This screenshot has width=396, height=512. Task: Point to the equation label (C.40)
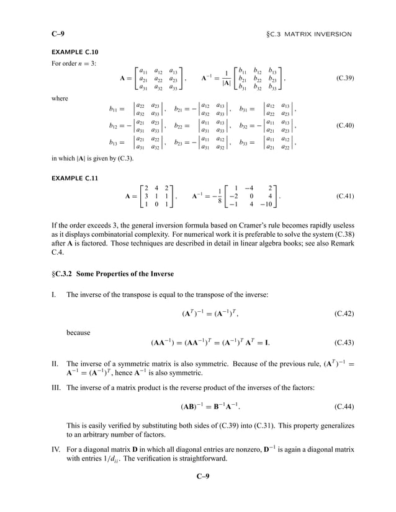(344, 125)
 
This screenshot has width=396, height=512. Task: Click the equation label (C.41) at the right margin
(344, 196)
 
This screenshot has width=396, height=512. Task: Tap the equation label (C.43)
(344, 342)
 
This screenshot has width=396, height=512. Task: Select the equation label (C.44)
(344, 407)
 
